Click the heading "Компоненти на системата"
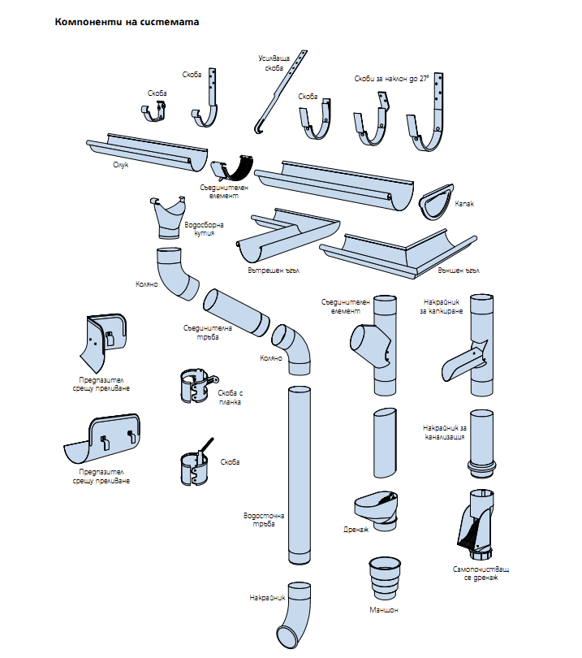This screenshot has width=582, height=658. pyautogui.click(x=127, y=22)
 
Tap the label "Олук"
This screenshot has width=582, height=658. pyautogui.click(x=121, y=165)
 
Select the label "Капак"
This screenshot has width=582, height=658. pyautogui.click(x=463, y=204)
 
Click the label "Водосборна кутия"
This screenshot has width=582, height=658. pyautogui.click(x=203, y=228)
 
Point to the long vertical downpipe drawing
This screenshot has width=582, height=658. pyautogui.click(x=300, y=475)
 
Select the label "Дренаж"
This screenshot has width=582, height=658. pyautogui.click(x=356, y=529)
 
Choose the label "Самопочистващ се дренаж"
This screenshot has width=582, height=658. pyautogui.click(x=481, y=573)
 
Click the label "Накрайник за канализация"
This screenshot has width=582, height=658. pyautogui.click(x=445, y=432)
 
